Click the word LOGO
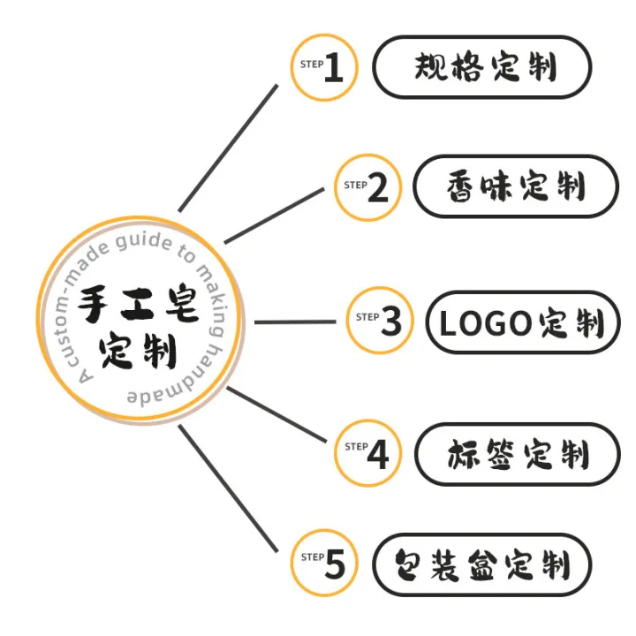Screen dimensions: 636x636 click(486, 323)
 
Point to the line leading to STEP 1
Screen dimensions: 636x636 click(229, 148)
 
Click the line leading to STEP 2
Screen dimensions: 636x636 click(274, 216)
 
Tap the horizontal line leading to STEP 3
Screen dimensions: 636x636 click(295, 322)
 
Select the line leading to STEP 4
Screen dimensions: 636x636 click(276, 414)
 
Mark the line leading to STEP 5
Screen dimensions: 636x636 click(229, 488)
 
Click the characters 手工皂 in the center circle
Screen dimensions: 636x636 click(139, 304)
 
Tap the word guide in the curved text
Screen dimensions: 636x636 click(144, 241)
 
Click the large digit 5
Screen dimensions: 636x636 click(335, 564)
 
